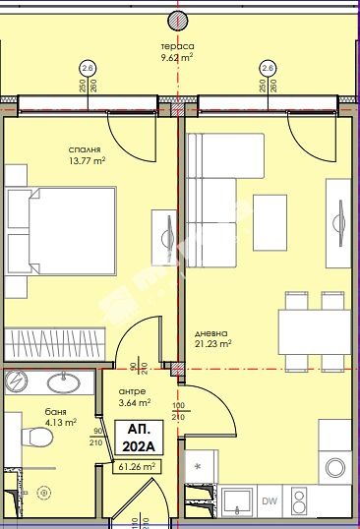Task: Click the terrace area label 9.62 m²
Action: [x=178, y=58]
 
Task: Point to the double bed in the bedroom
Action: [x=48, y=232]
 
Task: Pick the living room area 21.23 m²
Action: [x=211, y=343]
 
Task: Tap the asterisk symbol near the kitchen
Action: [x=198, y=465]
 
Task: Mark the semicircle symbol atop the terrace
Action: [x=178, y=19]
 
